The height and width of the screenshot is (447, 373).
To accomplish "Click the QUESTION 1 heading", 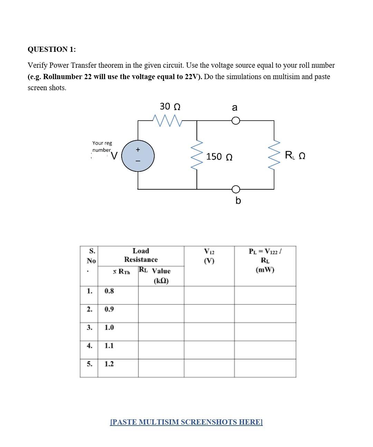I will click(51, 49).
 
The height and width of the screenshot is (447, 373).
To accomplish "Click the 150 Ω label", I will click(219, 157).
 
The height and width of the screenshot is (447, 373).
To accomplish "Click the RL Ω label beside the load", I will click(295, 156).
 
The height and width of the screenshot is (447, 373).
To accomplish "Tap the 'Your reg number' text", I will click(102, 146).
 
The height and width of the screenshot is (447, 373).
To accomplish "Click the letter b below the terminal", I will click(238, 200).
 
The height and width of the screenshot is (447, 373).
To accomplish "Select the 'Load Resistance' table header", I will click(141, 255).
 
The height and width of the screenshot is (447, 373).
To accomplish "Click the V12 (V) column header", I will click(209, 256).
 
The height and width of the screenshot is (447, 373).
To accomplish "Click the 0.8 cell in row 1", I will click(109, 291).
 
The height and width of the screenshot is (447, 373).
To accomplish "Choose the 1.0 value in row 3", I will click(109, 327).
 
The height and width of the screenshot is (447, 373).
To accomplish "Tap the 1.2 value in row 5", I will click(109, 364).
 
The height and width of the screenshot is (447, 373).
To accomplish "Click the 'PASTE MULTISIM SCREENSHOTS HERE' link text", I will click(186, 422).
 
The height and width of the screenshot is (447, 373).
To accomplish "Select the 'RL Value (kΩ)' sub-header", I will click(155, 275).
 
